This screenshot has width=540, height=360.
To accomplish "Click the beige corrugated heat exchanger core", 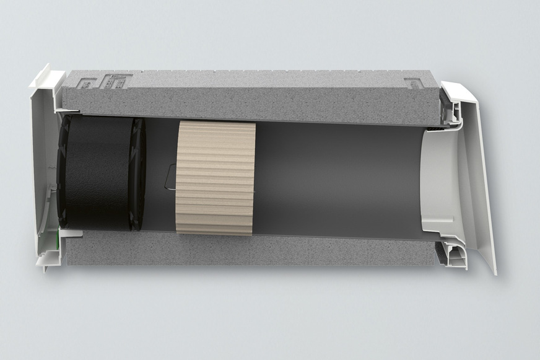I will [x=216, y=178].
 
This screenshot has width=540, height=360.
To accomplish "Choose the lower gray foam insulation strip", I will [x=248, y=251].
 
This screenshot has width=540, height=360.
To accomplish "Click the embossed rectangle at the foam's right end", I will [x=417, y=82].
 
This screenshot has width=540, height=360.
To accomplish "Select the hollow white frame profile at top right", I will [x=451, y=112].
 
